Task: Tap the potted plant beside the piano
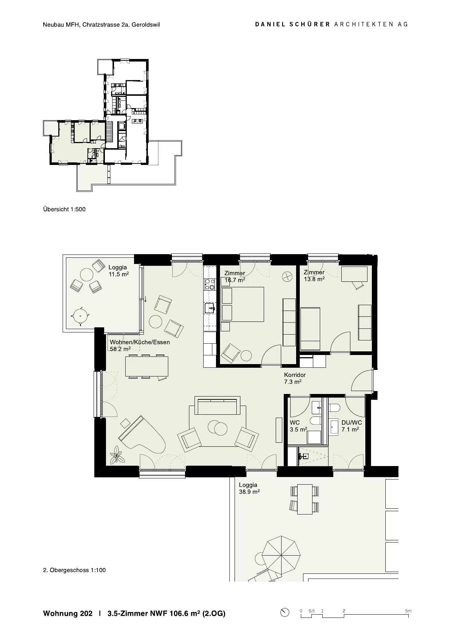[x=117, y=455]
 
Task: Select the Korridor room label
[x=295, y=375]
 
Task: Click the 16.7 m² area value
[x=235, y=280]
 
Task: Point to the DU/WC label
[x=351, y=422]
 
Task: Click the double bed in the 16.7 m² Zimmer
[x=243, y=304]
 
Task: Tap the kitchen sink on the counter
[x=210, y=308]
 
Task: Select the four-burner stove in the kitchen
[x=210, y=284]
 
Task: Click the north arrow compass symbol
[x=285, y=612]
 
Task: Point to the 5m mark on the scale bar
[x=408, y=611]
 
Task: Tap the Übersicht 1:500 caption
[x=64, y=209]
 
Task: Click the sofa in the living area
[x=217, y=405]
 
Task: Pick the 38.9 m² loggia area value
[x=249, y=492]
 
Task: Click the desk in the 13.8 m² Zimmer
[x=354, y=274]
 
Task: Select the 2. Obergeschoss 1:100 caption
[x=74, y=570]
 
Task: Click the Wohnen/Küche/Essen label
[x=140, y=342]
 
